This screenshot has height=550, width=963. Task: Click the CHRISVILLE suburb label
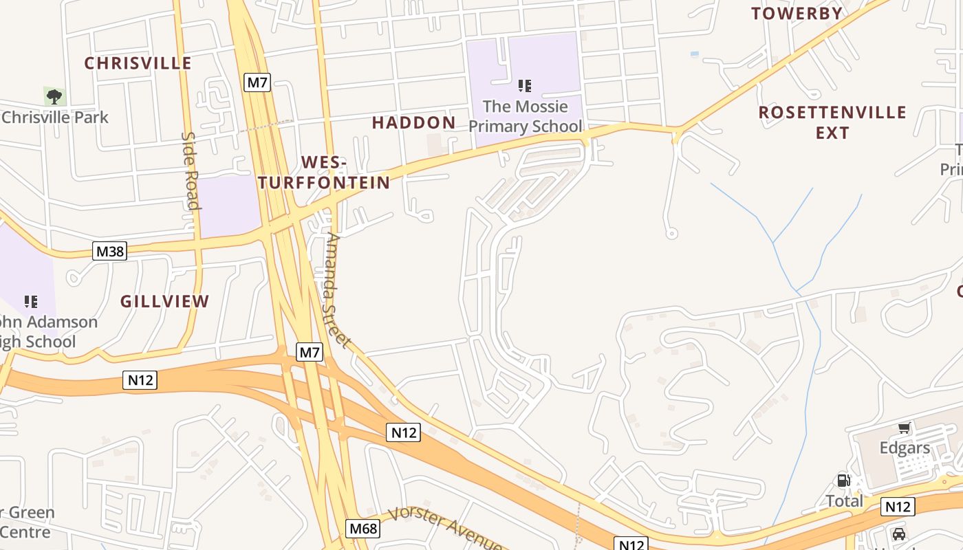(x=138, y=63)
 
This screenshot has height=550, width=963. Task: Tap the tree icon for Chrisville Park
(x=54, y=96)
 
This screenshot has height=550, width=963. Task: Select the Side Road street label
(x=190, y=170)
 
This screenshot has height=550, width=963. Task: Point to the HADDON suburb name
(x=413, y=123)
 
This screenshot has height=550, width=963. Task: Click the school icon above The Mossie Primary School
(x=525, y=86)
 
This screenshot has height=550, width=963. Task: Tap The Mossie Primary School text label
(x=525, y=116)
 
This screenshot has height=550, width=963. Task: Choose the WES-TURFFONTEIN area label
(x=324, y=173)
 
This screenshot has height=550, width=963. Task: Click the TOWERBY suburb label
(x=797, y=13)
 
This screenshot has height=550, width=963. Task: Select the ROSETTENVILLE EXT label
(x=832, y=122)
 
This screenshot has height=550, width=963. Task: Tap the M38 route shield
(x=110, y=252)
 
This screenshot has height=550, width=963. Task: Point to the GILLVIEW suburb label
(x=164, y=301)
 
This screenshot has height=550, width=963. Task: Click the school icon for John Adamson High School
(x=31, y=301)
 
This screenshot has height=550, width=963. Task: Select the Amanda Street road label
(x=337, y=290)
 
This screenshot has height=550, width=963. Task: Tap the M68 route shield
(x=363, y=529)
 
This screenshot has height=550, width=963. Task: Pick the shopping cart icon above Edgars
(x=904, y=428)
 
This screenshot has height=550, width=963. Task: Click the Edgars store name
(x=905, y=448)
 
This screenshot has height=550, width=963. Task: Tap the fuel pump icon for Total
(x=843, y=481)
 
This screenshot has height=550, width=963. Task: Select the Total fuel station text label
(x=844, y=500)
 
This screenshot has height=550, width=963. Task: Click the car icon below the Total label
(x=898, y=534)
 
